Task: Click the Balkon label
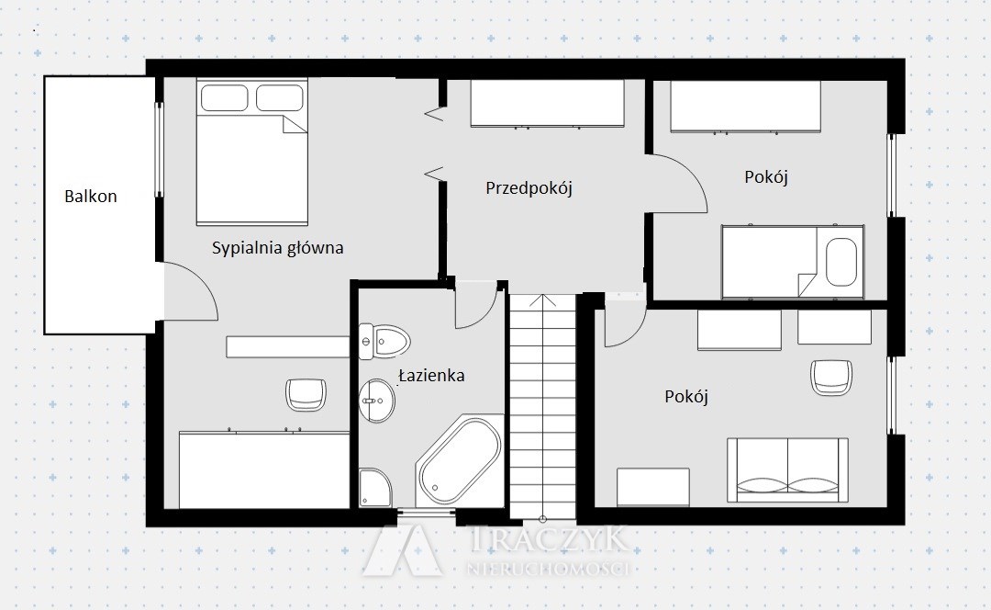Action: [90, 197]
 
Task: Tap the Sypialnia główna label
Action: [277, 247]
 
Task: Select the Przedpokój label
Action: [529, 188]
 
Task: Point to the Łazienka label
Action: [431, 375]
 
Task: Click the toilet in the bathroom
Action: [384, 342]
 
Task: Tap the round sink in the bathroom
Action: [377, 401]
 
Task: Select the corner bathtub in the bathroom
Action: [460, 460]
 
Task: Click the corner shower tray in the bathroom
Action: [375, 487]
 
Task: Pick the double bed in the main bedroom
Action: [251, 152]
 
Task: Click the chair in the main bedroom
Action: [306, 394]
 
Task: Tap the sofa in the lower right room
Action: [787, 469]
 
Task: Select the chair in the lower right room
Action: [831, 378]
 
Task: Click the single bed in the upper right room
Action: [793, 261]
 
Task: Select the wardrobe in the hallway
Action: [547, 104]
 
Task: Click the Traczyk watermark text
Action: [550, 539]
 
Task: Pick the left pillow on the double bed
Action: [225, 98]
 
